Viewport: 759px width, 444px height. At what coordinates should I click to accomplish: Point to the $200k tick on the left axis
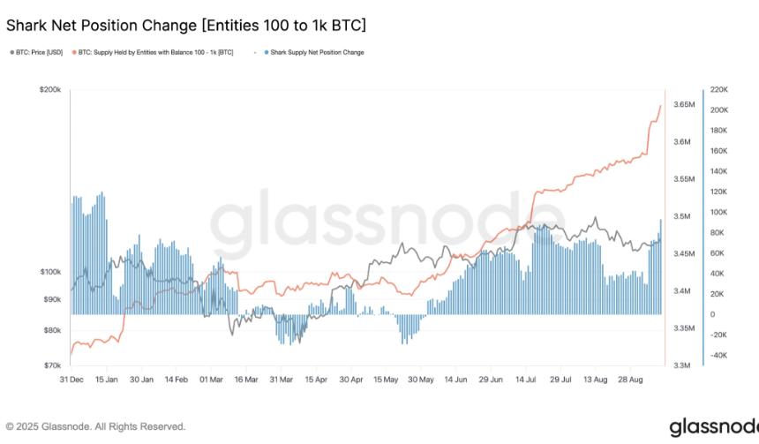49,90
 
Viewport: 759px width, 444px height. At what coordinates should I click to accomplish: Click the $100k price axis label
49,272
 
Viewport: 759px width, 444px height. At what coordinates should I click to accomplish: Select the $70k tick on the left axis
51,365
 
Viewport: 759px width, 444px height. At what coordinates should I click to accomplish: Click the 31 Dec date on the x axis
71,380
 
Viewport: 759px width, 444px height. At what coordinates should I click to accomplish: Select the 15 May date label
386,380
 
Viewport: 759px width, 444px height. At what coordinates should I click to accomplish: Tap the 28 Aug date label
628,380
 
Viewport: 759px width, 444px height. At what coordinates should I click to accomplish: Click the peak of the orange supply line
660,106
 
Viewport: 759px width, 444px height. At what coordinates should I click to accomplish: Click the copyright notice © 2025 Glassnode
95,426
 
